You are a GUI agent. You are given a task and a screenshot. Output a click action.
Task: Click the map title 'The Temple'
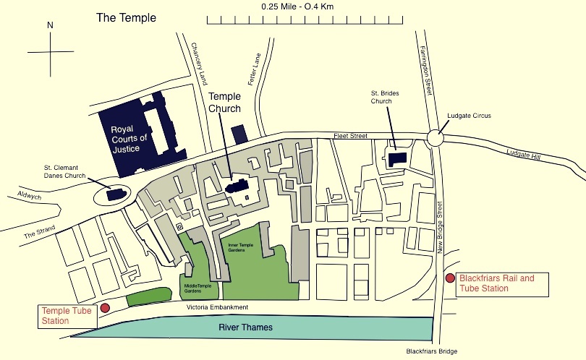pyautogui.click(x=126, y=17)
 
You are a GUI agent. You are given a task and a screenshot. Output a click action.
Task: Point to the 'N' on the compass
pyautogui.click(x=50, y=25)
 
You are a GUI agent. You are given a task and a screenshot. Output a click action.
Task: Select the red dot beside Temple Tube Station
pyautogui.click(x=105, y=307)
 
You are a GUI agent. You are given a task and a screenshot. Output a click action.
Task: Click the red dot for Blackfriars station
pyautogui.click(x=450, y=278)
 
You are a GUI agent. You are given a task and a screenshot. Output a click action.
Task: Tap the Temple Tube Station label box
pyautogui.click(x=64, y=316)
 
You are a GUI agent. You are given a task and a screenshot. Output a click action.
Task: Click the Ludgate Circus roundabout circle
pyautogui.click(x=436, y=138)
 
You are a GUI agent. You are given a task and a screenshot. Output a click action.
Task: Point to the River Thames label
pyautogui.click(x=247, y=327)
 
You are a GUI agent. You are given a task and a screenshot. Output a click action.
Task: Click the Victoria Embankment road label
pyautogui.click(x=217, y=307)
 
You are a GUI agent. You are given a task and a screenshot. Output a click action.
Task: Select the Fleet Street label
pyautogui.click(x=351, y=135)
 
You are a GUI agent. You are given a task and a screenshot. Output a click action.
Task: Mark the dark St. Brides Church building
pyautogui.click(x=396, y=159)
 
